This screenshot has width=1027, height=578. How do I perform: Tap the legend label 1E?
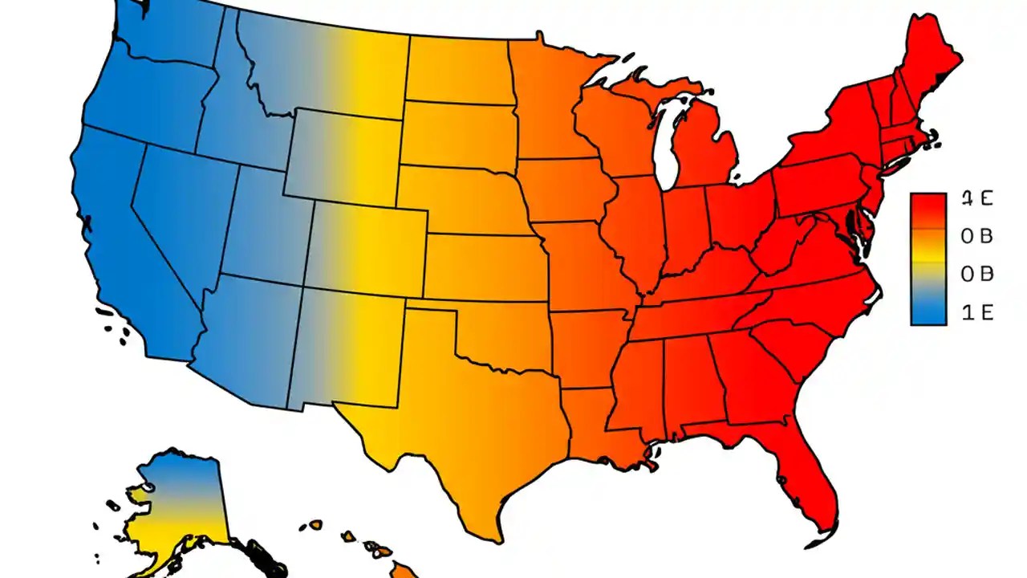pyautogui.click(x=976, y=313)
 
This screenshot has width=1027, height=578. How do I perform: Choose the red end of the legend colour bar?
pyautogui.click(x=928, y=206)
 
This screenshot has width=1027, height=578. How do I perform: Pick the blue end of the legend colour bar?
pyautogui.click(x=928, y=313)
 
